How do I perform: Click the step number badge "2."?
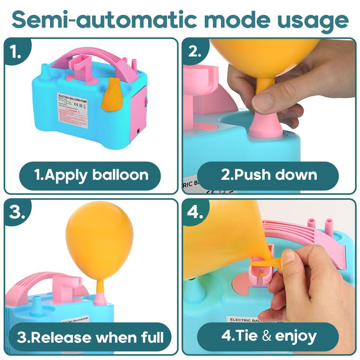[x=194, y=51]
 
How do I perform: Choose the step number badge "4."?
[x=194, y=212]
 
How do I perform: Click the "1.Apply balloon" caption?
[x=91, y=175]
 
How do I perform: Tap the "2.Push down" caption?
[x=269, y=175]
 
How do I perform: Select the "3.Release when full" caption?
[x=91, y=337]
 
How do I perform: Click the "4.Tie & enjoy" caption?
[x=269, y=337]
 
